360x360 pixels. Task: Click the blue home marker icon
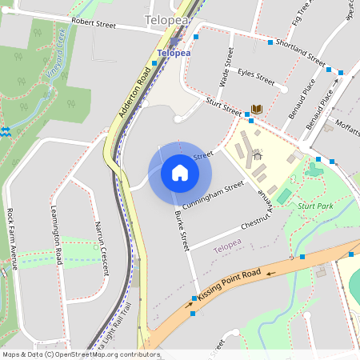[x=180, y=173]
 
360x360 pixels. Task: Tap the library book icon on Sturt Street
[x=256, y=110]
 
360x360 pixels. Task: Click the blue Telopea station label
[x=174, y=53]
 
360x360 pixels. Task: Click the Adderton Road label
[x=135, y=93]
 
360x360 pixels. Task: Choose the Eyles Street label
[x=256, y=77]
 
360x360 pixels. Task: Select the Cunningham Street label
[x=212, y=196]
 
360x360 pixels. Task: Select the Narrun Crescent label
[x=101, y=248]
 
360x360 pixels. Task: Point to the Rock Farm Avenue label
[x=12, y=239]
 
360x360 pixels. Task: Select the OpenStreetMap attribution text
[x=80, y=354]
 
